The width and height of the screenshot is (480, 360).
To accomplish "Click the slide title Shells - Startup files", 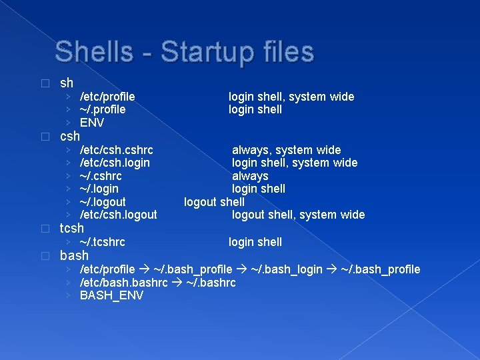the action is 184,52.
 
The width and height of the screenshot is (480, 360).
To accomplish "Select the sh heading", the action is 67,83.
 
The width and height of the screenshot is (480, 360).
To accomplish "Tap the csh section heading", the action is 70,137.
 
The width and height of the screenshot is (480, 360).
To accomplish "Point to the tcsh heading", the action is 72,228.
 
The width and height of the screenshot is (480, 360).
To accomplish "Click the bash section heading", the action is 74,255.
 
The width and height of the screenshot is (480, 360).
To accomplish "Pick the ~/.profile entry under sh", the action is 103,109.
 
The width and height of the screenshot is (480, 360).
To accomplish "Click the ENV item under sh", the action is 92,123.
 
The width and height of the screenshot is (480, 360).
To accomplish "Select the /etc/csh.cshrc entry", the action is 116,150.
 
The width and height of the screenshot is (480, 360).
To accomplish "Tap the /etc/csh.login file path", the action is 115,163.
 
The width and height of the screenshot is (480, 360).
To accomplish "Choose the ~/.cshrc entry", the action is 101,176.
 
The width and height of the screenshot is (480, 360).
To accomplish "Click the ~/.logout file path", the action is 103,202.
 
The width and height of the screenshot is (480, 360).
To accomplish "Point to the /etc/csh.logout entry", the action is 118,215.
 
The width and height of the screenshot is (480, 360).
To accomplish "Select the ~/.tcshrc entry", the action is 103,242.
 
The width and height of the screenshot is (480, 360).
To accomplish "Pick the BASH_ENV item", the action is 111,295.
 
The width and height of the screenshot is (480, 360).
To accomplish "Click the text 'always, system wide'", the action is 286,150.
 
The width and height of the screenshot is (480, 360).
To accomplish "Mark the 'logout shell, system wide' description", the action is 298,215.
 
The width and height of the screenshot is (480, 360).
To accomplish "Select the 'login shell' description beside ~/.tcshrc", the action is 255,242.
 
